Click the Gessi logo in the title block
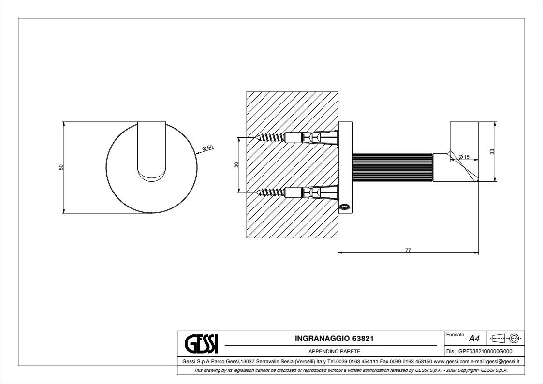(202, 343)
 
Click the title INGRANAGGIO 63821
(333, 339)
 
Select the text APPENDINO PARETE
(333, 352)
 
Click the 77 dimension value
(408, 250)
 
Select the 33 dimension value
(492, 151)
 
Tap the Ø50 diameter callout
(208, 148)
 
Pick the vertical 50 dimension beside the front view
(61, 167)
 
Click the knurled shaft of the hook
(392, 167)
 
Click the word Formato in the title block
(455, 335)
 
